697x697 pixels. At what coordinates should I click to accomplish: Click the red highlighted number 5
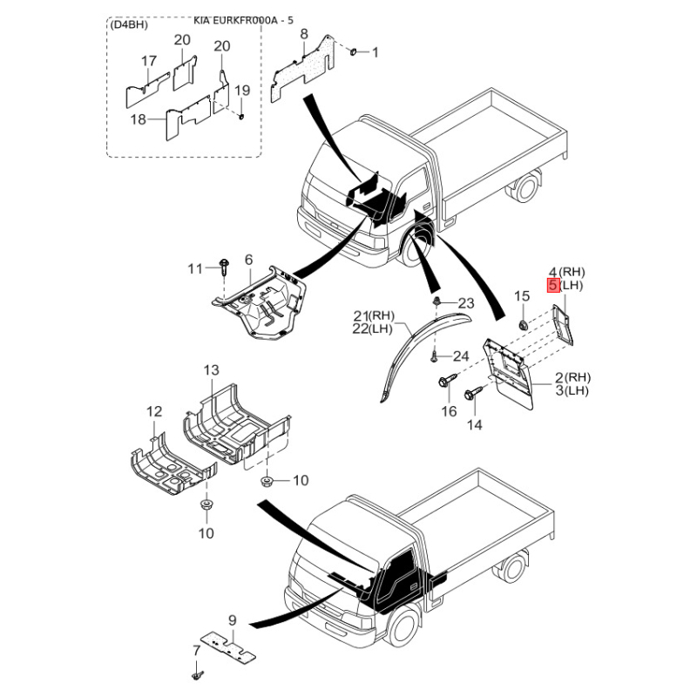(x=553, y=285)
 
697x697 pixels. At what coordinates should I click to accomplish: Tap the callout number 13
(x=212, y=369)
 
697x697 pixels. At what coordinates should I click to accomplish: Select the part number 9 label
(x=232, y=620)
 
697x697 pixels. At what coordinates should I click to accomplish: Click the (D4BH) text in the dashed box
(x=129, y=25)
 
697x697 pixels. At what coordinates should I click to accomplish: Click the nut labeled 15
(x=523, y=325)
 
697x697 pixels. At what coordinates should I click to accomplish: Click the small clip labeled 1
(x=354, y=52)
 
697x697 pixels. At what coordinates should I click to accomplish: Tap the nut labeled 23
(x=436, y=301)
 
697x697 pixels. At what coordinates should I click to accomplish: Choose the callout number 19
(x=242, y=91)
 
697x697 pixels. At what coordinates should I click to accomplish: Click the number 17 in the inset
(x=149, y=61)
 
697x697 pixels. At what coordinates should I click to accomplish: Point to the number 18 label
(x=139, y=119)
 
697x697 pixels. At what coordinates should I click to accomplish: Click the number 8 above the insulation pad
(x=304, y=34)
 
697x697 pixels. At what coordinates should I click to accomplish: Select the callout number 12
(x=154, y=411)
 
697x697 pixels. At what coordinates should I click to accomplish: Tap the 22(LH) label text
(x=374, y=329)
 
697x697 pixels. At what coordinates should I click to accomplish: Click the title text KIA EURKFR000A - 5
(x=244, y=20)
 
